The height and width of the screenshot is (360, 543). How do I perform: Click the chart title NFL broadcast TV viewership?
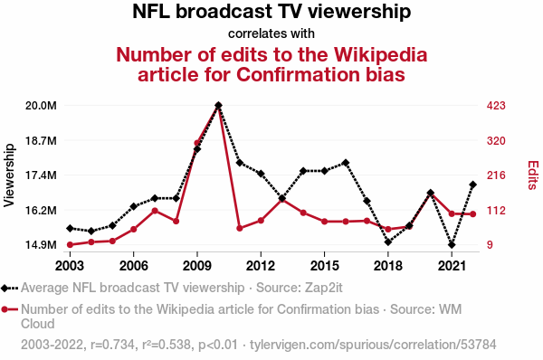click(271, 12)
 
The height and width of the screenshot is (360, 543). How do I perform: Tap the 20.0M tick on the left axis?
click(41, 106)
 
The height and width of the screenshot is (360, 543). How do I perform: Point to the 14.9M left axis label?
click(41, 245)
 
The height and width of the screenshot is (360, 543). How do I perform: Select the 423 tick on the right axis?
click(496, 106)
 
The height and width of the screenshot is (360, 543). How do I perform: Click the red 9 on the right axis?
click(490, 245)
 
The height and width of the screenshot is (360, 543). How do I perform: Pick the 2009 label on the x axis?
click(197, 266)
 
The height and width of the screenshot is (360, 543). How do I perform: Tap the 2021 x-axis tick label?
click(452, 266)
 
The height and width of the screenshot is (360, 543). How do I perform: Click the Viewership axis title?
click(9, 175)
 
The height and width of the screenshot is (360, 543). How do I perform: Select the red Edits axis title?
click(533, 175)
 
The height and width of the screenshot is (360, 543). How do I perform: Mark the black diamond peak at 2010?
click(218, 105)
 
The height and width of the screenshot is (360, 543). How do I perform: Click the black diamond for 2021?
click(452, 245)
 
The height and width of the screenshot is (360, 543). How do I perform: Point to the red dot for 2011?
click(239, 229)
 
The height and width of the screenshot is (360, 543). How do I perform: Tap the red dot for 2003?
click(70, 245)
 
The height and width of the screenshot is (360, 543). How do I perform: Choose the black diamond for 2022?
click(472, 185)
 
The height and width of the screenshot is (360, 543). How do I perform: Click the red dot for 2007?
click(155, 211)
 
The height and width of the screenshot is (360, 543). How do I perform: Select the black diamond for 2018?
click(388, 242)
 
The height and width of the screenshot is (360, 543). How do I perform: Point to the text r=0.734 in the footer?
click(112, 345)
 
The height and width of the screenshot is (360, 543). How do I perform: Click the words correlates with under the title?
click(271, 33)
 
